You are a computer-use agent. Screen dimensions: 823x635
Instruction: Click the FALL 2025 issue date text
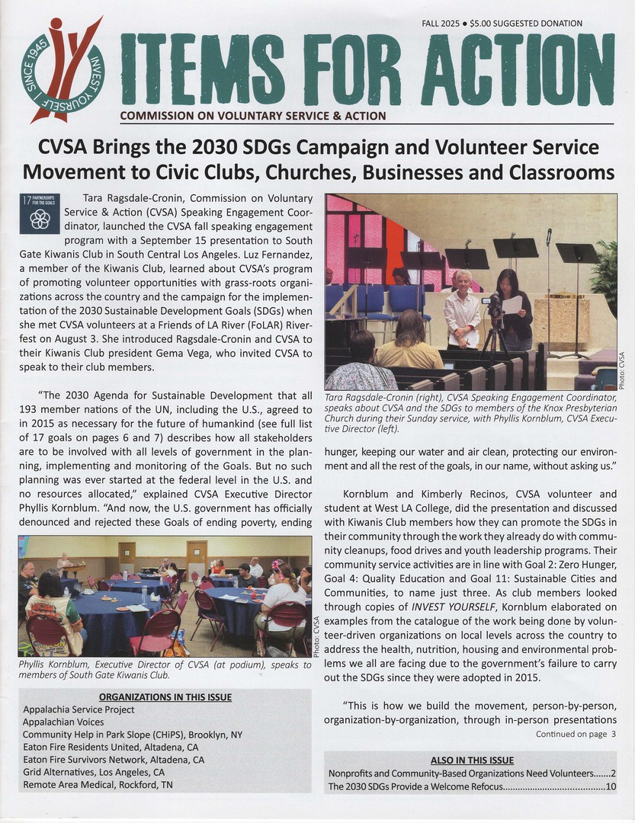coord(440,23)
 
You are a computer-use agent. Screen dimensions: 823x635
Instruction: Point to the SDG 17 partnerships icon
coord(38,213)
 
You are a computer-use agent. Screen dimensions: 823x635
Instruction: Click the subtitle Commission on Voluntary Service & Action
coord(252,116)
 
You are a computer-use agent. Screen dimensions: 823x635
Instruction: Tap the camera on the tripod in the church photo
coord(492,304)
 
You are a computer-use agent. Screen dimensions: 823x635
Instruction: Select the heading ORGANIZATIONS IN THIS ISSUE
coord(165,697)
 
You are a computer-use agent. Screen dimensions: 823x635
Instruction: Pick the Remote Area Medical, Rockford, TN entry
coord(98,784)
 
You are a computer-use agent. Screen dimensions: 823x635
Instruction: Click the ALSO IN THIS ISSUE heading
coord(472,760)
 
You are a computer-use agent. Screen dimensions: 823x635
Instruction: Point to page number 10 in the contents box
coord(611,786)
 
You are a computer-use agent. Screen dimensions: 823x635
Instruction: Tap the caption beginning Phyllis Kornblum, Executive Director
coord(164,669)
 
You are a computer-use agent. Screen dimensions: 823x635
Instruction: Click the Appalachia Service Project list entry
coord(79,709)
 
